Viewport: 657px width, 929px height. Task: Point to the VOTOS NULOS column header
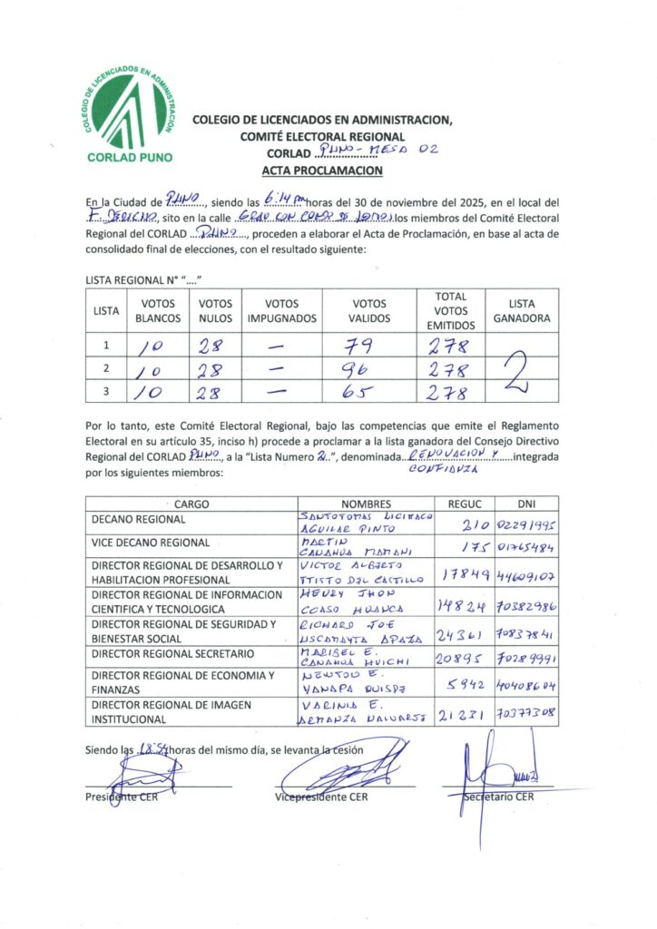[215, 311]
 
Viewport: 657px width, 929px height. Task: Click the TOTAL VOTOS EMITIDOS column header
[451, 310]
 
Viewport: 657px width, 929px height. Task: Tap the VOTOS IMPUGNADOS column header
[282, 311]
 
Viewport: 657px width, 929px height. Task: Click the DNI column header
[526, 504]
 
